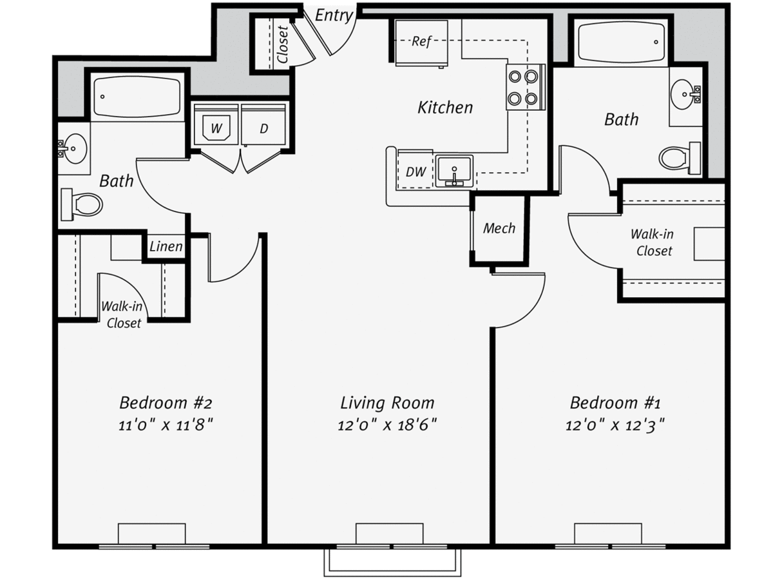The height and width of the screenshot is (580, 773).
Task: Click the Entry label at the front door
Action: pyautogui.click(x=334, y=15)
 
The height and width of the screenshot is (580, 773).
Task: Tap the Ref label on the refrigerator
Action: pyautogui.click(x=421, y=41)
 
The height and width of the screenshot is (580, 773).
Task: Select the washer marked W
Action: pyautogui.click(x=216, y=124)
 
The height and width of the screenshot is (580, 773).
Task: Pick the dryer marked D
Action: pyautogui.click(x=263, y=124)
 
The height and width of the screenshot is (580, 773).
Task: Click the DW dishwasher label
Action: pyautogui.click(x=416, y=172)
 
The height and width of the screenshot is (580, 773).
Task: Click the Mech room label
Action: pyautogui.click(x=499, y=229)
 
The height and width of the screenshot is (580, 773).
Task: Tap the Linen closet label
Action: pyautogui.click(x=166, y=247)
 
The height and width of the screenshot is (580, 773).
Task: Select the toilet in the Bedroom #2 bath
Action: pyautogui.click(x=81, y=204)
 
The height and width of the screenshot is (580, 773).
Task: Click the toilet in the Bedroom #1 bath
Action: pyautogui.click(x=680, y=158)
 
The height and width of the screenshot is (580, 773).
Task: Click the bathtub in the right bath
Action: pyautogui.click(x=621, y=43)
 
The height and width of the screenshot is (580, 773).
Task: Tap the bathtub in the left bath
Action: pyautogui.click(x=137, y=97)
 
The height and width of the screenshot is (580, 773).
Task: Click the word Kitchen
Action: pyautogui.click(x=445, y=108)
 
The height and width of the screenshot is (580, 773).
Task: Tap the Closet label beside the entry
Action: pyautogui.click(x=283, y=44)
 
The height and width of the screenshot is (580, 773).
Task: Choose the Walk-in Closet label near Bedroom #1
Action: pyautogui.click(x=653, y=243)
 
